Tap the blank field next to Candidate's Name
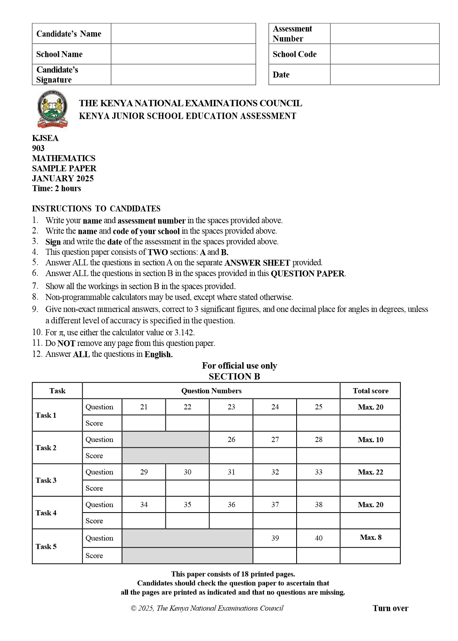click(183, 33)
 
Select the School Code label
click(295, 54)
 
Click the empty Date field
click(384, 74)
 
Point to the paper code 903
click(38, 148)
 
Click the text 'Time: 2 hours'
click(56, 188)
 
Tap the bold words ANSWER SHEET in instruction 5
click(257, 263)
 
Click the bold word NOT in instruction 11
click(66, 344)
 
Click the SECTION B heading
click(234, 377)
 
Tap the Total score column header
click(370, 391)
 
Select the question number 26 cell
click(231, 439)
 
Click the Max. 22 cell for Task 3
click(370, 472)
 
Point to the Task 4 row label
click(46, 513)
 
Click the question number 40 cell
click(318, 538)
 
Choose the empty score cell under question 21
click(144, 423)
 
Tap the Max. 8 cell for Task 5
click(370, 538)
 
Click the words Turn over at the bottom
click(390, 608)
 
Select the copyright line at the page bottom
click(207, 608)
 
